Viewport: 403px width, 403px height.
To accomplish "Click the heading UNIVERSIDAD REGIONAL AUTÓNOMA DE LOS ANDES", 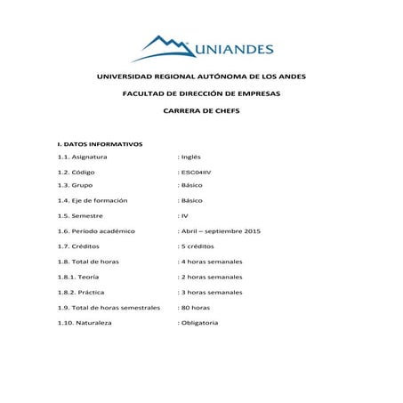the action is coord(201,77).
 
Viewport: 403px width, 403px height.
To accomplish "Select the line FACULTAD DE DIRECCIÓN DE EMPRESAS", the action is coord(201,93).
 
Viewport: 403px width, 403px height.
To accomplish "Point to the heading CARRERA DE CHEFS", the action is coord(201,110).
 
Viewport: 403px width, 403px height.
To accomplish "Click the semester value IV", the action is coord(184,215).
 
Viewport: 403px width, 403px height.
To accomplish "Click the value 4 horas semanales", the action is coord(212,262).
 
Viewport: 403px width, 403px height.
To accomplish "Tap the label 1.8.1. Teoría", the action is coord(77,277).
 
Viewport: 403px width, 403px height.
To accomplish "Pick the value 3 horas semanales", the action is coord(212,292).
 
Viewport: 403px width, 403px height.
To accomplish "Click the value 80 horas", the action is coord(197,307).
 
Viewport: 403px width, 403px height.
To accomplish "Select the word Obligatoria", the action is coord(200,322).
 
